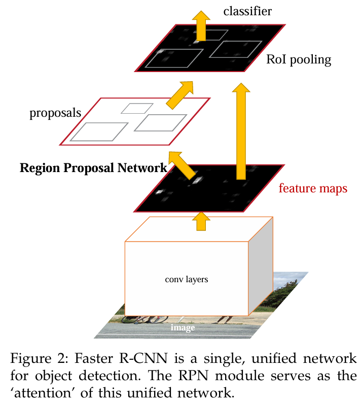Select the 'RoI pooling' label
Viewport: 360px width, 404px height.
point(299,60)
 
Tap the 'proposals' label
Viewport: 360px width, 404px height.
point(55,113)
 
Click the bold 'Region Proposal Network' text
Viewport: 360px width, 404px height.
point(93,168)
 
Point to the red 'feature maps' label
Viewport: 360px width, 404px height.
point(313,188)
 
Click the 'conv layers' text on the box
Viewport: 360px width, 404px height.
point(187,279)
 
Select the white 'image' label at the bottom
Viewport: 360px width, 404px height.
point(183,328)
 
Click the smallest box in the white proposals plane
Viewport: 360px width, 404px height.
point(137,108)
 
